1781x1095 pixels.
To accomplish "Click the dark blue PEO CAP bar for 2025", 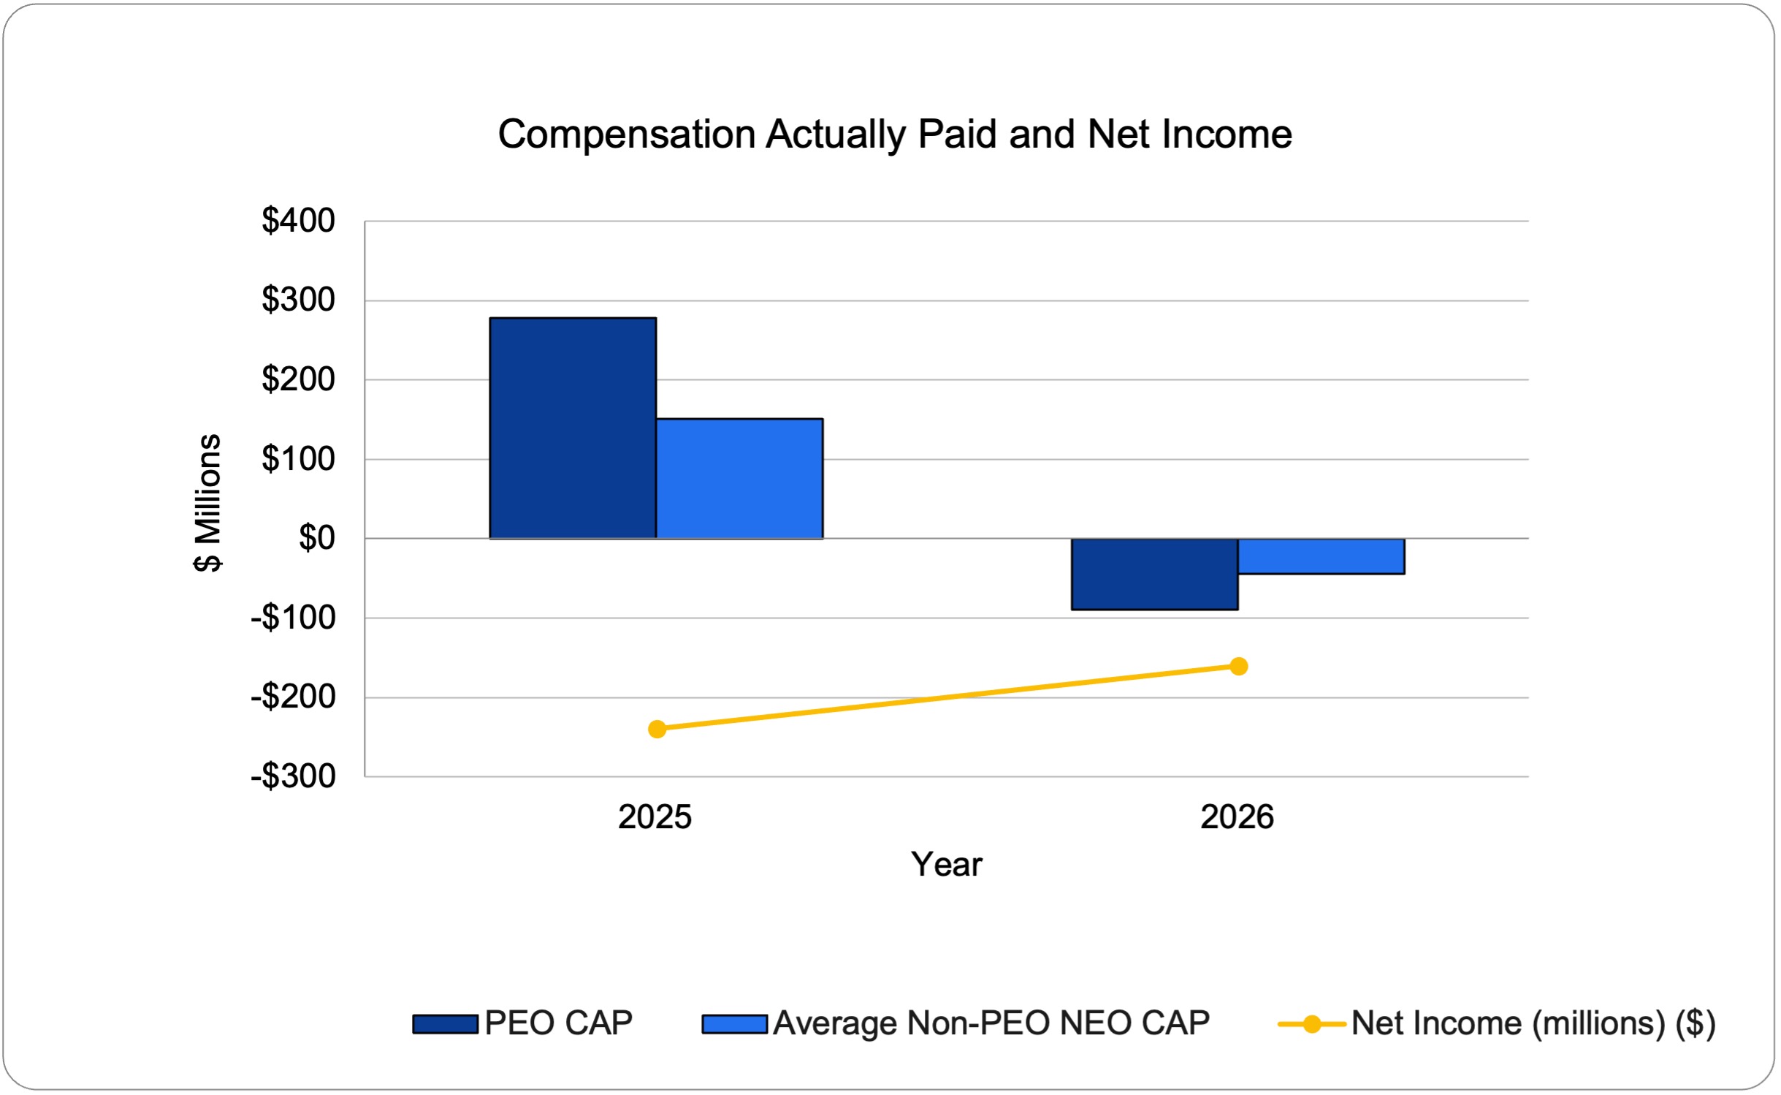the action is (573, 428).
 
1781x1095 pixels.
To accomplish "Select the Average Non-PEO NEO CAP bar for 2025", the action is (740, 478).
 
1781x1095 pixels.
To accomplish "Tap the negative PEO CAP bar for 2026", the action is (1155, 574).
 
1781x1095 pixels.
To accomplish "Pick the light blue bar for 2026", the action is (1322, 556).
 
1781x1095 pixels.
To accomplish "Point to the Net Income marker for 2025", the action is (657, 729).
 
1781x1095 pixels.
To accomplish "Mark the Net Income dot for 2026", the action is (1239, 666).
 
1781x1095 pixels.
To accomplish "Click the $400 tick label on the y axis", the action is (298, 220).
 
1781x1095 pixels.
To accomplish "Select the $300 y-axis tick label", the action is (298, 300).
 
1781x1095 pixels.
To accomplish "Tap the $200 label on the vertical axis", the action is (298, 379).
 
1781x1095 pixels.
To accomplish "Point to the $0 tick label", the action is (317, 538).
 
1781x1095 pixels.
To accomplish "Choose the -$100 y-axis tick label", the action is (293, 618).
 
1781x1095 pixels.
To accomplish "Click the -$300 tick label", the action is (293, 776).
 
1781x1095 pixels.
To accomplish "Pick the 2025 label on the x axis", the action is (655, 816).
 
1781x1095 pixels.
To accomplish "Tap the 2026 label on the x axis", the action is (1237, 816).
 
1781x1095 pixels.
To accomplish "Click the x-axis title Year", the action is (946, 864).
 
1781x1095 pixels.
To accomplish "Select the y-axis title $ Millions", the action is (207, 503).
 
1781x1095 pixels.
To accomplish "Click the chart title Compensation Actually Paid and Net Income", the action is (895, 134).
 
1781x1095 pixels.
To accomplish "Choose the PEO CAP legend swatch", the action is (445, 1024).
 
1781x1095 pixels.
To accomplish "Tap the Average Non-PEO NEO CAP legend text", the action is (991, 1023).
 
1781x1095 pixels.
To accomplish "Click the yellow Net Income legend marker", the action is (1312, 1024).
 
